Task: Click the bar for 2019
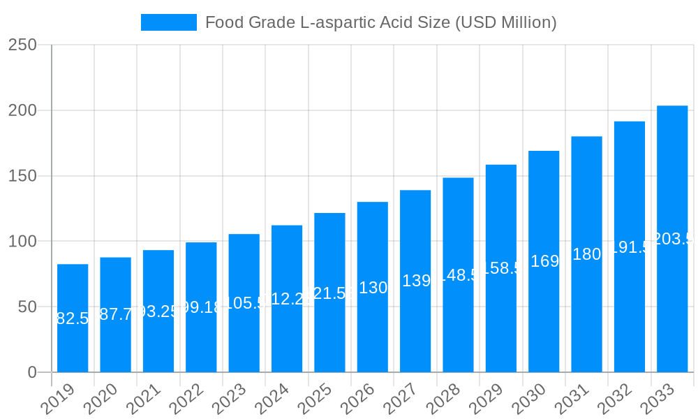click(73, 318)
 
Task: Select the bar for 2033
click(672, 239)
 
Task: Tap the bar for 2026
click(373, 287)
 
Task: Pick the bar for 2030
click(544, 261)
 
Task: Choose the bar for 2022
click(201, 307)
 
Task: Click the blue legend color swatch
click(168, 22)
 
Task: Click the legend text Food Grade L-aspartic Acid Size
click(380, 22)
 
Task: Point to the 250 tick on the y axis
click(22, 45)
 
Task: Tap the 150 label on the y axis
click(22, 176)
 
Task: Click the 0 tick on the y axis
click(32, 372)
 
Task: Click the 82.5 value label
click(73, 318)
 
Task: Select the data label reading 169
click(544, 261)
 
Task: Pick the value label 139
click(416, 281)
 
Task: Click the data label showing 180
click(586, 254)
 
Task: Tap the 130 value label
click(373, 288)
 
